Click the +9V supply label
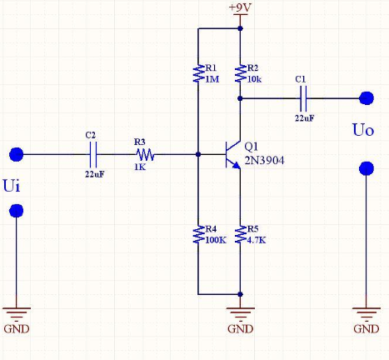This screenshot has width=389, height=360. click(240, 7)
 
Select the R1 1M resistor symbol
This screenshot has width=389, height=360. click(198, 73)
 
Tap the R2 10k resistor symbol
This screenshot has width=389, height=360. click(241, 73)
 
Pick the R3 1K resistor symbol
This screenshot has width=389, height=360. click(145, 155)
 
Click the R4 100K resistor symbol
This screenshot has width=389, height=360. click(198, 234)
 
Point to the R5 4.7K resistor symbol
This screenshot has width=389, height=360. click(241, 234)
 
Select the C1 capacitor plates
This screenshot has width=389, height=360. click(303, 98)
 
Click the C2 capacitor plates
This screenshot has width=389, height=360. click(93, 154)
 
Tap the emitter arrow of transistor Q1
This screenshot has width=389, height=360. click(237, 165)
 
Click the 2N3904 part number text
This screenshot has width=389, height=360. click(264, 161)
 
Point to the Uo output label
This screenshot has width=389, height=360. click(363, 130)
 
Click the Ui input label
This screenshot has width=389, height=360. click(12, 186)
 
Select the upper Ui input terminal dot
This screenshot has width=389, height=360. click(16, 154)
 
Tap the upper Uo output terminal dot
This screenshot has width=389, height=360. click(367, 98)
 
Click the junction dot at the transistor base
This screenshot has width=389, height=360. click(198, 154)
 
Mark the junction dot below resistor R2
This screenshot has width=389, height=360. click(241, 98)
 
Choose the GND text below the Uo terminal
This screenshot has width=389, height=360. click(367, 329)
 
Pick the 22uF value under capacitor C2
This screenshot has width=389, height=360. click(95, 174)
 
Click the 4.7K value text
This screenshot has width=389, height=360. click(257, 240)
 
